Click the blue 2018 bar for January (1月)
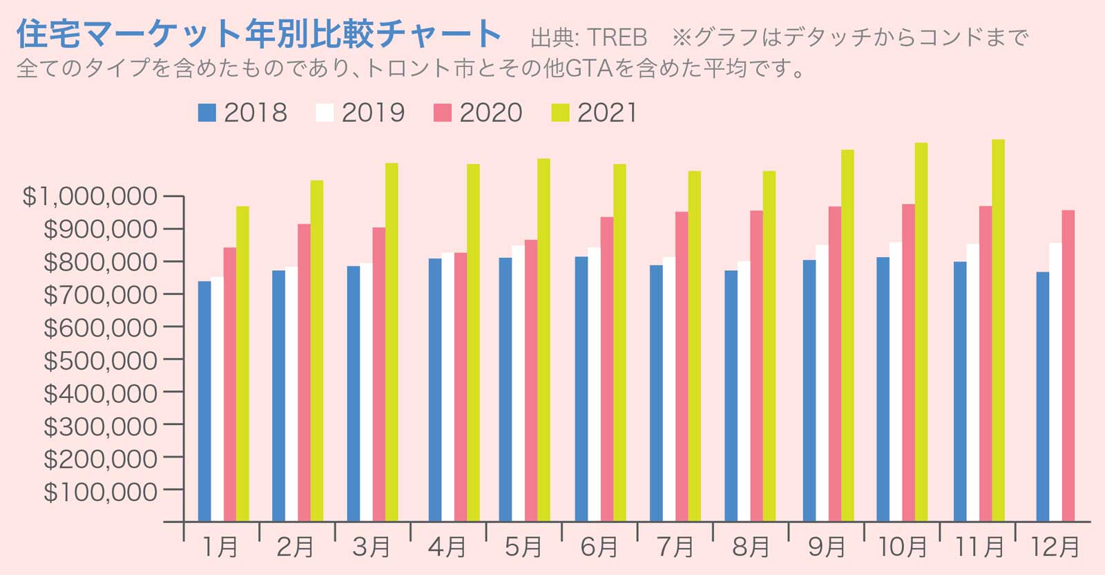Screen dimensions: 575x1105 click(204, 401)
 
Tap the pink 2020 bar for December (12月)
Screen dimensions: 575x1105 click(1068, 366)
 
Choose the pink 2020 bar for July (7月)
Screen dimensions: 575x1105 click(682, 366)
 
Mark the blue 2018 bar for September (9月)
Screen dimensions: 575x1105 click(809, 390)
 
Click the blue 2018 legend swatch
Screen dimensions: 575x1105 click(207, 113)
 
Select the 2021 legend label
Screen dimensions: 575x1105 click(607, 113)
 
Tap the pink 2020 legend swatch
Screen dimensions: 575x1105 click(442, 113)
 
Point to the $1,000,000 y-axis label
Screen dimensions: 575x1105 click(90, 196)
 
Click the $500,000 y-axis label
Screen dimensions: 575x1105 click(100, 360)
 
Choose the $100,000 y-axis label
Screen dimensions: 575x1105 click(100, 491)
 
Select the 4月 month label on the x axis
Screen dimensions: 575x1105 click(447, 547)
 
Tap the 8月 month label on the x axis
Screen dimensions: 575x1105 click(750, 547)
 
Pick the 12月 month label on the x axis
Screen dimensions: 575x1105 click(1055, 547)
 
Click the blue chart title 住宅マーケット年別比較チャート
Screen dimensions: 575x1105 click(259, 33)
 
